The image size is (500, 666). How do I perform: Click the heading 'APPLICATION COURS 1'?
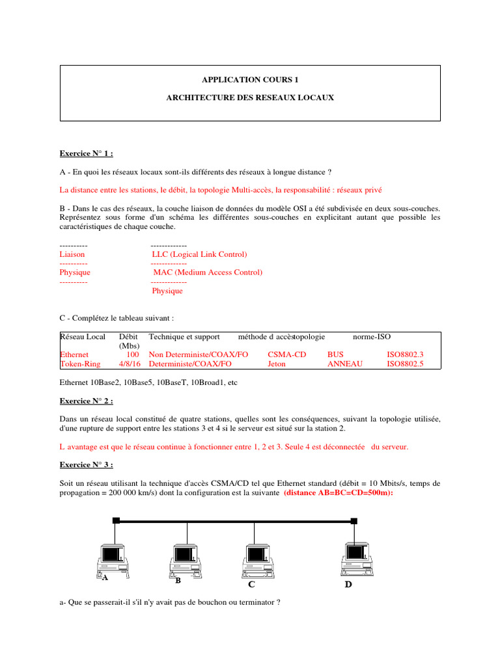click(x=250, y=79)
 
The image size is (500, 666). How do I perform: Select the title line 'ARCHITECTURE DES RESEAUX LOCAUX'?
click(x=250, y=98)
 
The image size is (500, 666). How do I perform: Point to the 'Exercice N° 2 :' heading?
click(x=86, y=401)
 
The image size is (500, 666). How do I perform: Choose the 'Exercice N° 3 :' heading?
click(x=86, y=466)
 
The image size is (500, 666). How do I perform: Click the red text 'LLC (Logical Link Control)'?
click(x=199, y=254)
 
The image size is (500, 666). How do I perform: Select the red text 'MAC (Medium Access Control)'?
click(x=208, y=273)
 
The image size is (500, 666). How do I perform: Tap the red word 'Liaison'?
click(x=72, y=254)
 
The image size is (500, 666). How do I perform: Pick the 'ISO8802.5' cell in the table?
click(x=405, y=364)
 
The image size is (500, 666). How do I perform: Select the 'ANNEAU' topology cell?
click(x=345, y=364)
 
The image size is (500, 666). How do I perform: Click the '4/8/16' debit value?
click(x=129, y=364)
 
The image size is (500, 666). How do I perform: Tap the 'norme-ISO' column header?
click(x=372, y=337)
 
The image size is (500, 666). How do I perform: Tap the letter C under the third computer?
click(x=251, y=585)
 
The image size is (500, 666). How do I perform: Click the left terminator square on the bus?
click(x=116, y=520)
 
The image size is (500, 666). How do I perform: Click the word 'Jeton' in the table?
click(x=277, y=364)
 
